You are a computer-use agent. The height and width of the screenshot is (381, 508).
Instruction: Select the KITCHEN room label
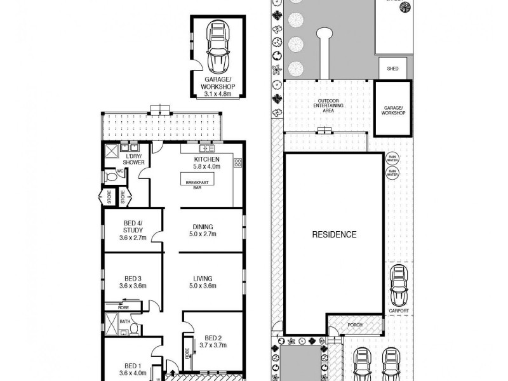point(207,159)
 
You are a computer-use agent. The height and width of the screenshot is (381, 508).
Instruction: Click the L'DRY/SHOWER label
point(134,159)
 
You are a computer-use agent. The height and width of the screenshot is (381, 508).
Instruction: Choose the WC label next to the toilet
point(119,171)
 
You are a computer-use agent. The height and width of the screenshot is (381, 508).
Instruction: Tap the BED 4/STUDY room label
point(133,227)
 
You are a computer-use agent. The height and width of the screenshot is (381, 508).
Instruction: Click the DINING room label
point(204,227)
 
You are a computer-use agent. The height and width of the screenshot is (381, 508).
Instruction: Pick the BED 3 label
point(133,278)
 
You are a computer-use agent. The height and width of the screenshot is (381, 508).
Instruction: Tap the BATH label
point(124,321)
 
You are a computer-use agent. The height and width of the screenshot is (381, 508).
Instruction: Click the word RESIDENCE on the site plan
point(334,234)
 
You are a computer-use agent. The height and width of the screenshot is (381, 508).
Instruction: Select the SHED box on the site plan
point(392,69)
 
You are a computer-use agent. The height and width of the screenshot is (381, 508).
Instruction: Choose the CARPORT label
point(399,311)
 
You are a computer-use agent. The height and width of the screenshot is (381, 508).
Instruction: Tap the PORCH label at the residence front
point(355,326)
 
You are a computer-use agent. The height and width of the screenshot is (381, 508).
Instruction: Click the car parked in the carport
point(399,286)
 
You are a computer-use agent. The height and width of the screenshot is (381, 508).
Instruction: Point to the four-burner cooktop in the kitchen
point(238,163)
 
